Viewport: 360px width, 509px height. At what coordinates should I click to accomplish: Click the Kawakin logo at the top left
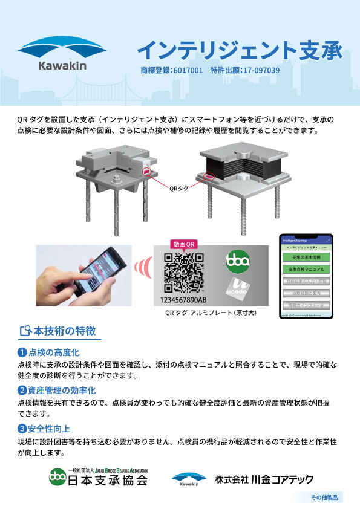tap(63, 55)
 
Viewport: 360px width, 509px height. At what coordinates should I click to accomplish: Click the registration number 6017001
tap(187, 70)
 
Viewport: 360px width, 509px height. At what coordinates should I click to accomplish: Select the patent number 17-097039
tap(260, 70)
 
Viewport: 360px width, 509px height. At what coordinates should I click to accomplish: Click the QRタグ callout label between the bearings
tap(179, 187)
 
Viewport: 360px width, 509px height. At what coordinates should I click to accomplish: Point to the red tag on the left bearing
tap(146, 172)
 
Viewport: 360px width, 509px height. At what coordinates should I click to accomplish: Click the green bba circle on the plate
tap(237, 262)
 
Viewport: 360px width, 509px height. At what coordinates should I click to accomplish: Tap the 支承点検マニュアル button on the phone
tap(306, 269)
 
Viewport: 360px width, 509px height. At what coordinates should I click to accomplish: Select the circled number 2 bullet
tap(22, 391)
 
